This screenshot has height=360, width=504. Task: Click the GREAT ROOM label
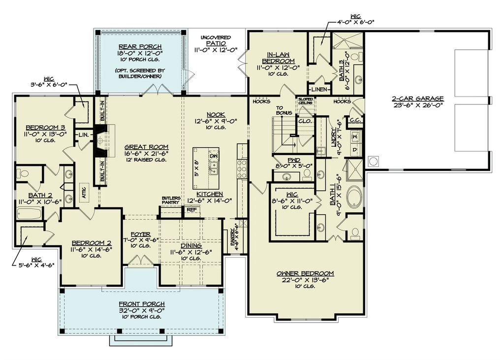[x=146, y=147]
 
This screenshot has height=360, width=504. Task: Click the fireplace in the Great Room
[x=101, y=140]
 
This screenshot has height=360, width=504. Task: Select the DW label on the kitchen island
[x=213, y=156]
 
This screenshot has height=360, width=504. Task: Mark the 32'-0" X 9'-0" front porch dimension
[x=141, y=310]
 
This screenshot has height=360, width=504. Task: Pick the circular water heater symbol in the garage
[x=373, y=161]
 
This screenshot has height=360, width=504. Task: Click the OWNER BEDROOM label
[x=305, y=273]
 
